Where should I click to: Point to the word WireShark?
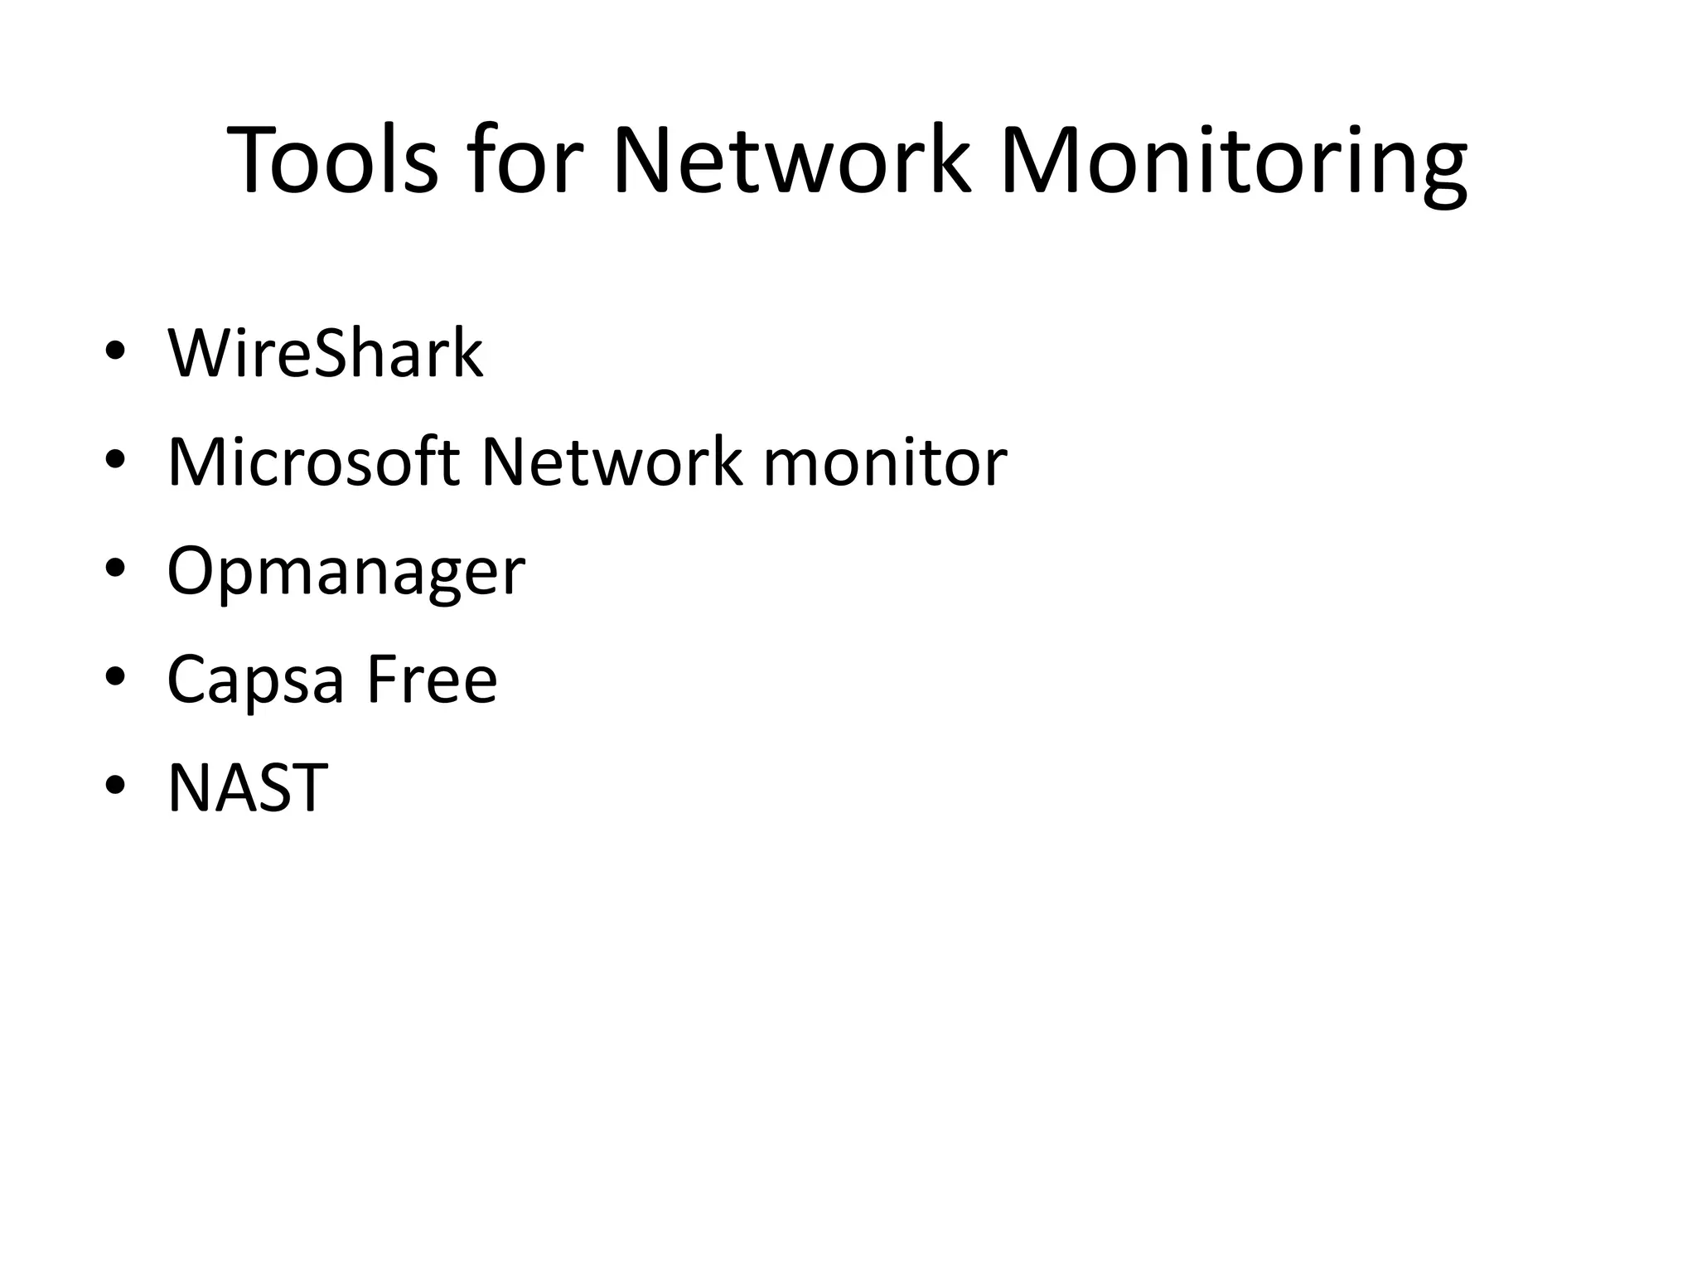point(325,354)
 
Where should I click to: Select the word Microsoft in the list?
point(313,462)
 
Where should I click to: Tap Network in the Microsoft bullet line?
point(612,462)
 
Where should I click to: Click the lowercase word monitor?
point(885,462)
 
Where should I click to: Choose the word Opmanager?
point(346,573)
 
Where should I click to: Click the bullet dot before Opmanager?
point(116,568)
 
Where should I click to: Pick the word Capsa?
point(255,680)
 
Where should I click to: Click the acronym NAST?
point(247,787)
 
